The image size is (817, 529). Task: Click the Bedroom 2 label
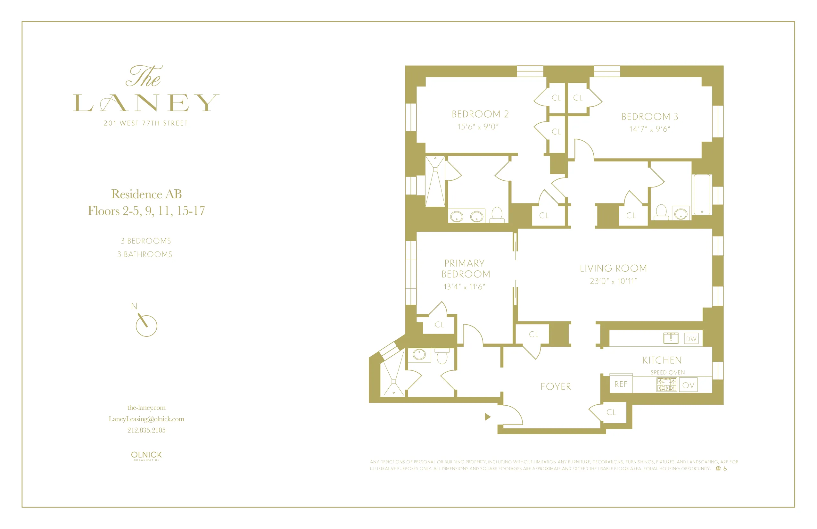(x=480, y=114)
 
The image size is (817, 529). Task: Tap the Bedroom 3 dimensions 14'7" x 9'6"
(x=649, y=129)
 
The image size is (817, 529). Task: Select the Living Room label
(x=613, y=269)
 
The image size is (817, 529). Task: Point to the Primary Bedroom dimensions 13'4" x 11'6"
(x=464, y=287)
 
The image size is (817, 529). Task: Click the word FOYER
(x=556, y=386)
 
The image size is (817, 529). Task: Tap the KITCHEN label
(x=662, y=360)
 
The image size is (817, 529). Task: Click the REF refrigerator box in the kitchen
(x=621, y=384)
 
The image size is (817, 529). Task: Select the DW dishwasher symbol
(x=691, y=339)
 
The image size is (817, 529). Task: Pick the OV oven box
(x=688, y=385)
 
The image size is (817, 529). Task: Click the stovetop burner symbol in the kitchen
(x=666, y=384)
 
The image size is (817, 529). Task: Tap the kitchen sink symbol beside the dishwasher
(x=671, y=338)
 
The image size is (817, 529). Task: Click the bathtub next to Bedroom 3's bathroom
(x=702, y=194)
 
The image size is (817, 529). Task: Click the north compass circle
(x=147, y=326)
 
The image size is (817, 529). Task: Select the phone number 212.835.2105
(x=146, y=430)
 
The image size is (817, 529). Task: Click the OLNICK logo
(x=146, y=456)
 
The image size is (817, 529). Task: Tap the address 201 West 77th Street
(x=145, y=123)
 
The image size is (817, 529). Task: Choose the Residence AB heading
(x=146, y=194)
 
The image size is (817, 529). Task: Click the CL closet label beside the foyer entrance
(x=611, y=412)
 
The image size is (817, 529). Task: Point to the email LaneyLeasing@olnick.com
(x=146, y=419)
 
